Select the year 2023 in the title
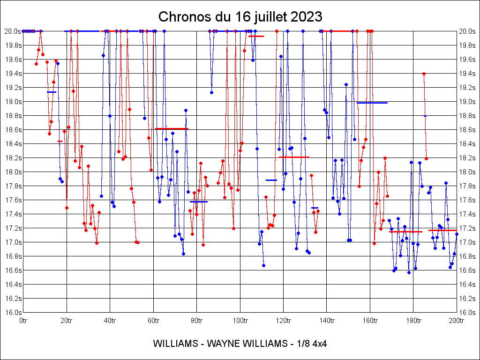tap(307, 17)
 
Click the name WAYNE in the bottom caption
tap(220, 344)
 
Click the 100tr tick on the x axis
tap(240, 321)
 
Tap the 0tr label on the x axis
tap(23, 321)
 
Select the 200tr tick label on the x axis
tap(457, 321)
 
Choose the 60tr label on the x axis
tap(153, 321)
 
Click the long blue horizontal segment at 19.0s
tap(372, 103)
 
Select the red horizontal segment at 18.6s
tap(172, 128)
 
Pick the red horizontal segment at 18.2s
tap(294, 157)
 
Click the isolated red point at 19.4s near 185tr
tap(424, 74)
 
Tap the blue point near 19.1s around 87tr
tap(211, 92)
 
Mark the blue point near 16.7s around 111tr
tap(263, 265)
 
